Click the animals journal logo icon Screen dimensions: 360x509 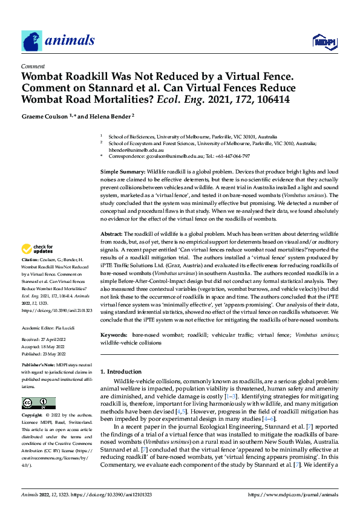click(31, 41)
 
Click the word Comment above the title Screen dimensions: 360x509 click(31, 67)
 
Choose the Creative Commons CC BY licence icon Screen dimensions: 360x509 click(38, 403)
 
